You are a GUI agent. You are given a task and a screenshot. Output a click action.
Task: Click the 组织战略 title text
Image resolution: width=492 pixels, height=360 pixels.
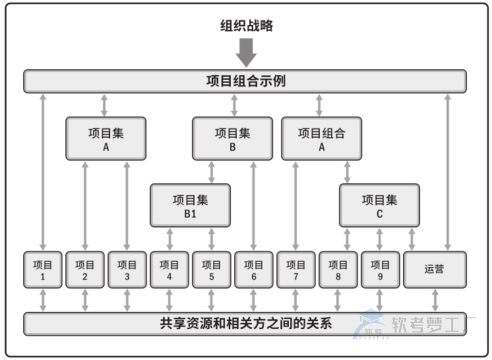coord(246,25)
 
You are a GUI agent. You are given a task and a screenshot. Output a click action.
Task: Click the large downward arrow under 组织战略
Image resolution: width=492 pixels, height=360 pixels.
coord(246,52)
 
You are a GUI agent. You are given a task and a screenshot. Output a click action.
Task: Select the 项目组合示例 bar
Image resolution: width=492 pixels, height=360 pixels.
coord(245,81)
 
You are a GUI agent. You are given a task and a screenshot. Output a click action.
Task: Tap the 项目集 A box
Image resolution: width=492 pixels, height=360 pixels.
coord(105,139)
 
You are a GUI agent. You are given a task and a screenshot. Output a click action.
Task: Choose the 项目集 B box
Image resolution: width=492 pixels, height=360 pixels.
coord(232,139)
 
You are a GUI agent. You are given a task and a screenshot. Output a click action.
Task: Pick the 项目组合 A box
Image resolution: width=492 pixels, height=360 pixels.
coord(321,139)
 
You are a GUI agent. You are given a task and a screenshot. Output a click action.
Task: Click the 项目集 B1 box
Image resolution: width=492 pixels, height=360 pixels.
coord(190,205)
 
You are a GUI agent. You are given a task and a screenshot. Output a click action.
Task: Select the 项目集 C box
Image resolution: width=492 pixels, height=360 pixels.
coord(379,205)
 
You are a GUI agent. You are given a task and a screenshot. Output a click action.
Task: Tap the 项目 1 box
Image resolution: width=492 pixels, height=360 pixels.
coord(42,269)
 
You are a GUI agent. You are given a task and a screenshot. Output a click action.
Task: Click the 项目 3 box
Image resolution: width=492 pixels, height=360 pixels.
coord(127,269)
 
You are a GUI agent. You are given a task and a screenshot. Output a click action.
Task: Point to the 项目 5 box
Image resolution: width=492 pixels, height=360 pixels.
coord(211,269)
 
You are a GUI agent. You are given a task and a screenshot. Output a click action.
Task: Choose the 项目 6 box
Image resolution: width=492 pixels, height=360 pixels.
coord(253,269)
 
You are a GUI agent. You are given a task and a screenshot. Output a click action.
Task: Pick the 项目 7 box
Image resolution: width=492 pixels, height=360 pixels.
coord(295,269)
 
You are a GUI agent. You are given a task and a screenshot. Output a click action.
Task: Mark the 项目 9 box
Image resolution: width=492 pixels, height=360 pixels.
coord(380,269)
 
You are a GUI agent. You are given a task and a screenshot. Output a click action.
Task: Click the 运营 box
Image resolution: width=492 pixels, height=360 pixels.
coord(434,269)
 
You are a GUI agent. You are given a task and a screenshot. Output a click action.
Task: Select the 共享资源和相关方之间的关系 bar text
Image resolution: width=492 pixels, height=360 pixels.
coord(245,323)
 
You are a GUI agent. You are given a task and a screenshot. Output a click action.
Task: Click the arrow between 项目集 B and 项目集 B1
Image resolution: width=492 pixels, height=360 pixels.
coord(211,172)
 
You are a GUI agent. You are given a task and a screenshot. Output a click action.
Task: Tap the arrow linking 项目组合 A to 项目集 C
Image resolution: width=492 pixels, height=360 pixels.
coord(347,172)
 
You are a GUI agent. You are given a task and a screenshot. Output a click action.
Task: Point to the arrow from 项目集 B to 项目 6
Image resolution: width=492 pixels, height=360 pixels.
coord(253,205)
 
